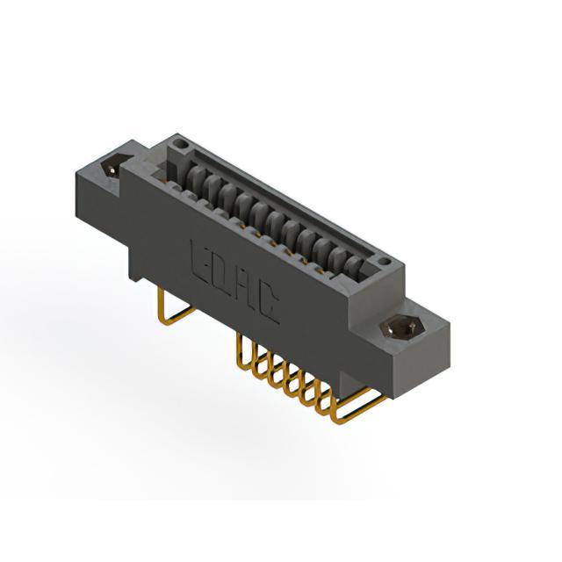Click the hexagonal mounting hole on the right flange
(x=402, y=328)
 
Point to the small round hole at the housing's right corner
(x=384, y=262)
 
